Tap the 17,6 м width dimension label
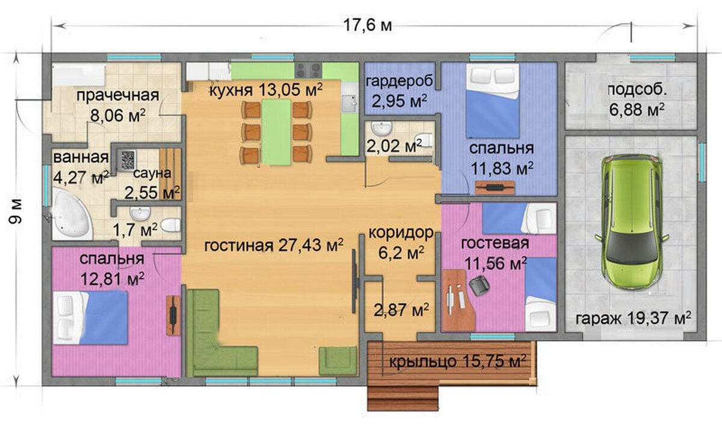367,25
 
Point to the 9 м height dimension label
16,211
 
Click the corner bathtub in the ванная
72,214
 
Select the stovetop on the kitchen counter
309,70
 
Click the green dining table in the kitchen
276,132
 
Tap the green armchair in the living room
338,361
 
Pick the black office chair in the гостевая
479,285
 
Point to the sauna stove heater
128,160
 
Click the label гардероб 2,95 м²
400,91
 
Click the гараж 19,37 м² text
634,318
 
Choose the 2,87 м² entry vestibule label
401,309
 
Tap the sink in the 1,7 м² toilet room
140,213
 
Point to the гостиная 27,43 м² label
274,245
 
